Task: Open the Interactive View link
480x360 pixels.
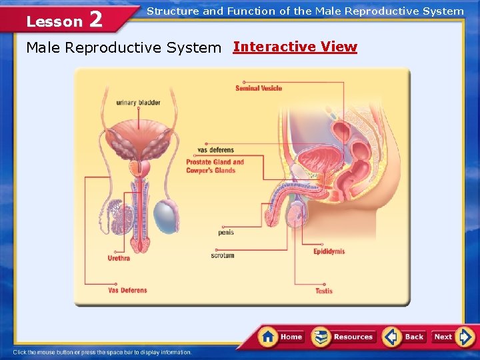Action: (x=295, y=47)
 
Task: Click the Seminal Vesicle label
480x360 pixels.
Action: (x=259, y=88)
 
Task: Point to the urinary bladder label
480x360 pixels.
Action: (x=138, y=103)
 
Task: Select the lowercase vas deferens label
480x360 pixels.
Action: (x=215, y=150)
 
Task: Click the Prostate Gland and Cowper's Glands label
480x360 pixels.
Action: (x=215, y=166)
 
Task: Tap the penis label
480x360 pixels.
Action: (x=225, y=233)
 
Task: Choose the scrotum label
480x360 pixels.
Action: (x=223, y=255)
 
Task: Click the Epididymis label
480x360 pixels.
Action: (x=329, y=252)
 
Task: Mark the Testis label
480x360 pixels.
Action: (x=324, y=291)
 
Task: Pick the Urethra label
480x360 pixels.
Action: (x=119, y=258)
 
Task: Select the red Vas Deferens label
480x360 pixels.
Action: (x=127, y=290)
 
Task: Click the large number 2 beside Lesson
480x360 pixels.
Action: (x=95, y=19)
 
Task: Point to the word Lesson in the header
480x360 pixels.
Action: (x=54, y=21)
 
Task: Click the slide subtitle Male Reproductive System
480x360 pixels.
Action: (x=123, y=48)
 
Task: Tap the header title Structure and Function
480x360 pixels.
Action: (x=305, y=11)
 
